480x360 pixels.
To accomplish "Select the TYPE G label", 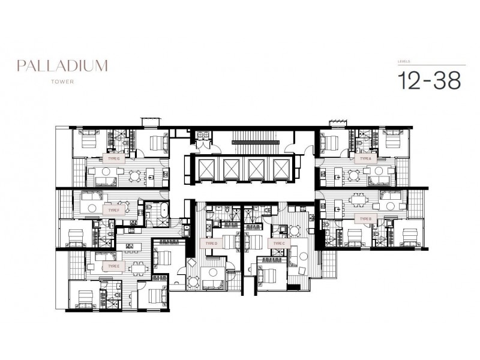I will click(x=115, y=160).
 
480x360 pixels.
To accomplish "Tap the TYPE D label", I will click(x=210, y=244).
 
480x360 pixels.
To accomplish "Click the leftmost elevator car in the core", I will click(x=204, y=167).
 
